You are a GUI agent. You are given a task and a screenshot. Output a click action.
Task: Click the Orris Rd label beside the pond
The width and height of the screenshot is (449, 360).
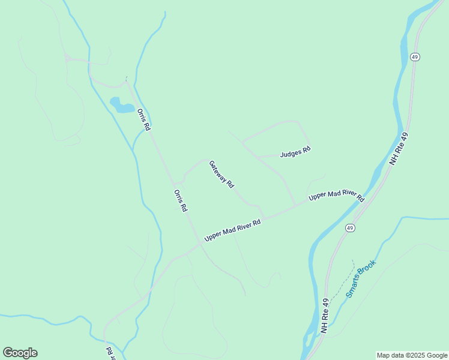point(143,120)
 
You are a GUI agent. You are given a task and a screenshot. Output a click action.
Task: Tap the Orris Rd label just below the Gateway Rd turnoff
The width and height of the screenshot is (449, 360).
point(181,200)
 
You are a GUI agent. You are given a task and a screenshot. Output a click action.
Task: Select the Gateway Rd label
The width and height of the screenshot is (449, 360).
point(221,175)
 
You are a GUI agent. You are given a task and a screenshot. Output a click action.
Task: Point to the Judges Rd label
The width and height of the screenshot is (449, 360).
point(295,152)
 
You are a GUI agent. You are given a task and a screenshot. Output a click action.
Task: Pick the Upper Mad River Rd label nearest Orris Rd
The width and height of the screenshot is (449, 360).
point(232,230)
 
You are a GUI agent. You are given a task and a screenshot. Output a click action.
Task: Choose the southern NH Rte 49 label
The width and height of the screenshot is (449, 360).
point(325,316)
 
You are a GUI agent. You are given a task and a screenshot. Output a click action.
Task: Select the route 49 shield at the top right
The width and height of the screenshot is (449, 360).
point(415,56)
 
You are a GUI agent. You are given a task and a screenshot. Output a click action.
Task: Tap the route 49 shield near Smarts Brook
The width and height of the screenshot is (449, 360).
point(350,228)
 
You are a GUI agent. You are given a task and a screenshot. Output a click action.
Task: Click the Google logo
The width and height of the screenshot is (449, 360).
point(20,353)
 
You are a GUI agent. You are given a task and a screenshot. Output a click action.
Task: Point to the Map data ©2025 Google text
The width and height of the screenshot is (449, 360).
point(412,355)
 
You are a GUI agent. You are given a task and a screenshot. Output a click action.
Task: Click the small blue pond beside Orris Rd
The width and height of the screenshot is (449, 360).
point(122,106)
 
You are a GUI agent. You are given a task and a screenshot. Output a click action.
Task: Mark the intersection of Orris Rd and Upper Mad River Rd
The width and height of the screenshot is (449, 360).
point(200,244)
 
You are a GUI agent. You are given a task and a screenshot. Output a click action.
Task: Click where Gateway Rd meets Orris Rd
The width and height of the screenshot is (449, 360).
point(175,182)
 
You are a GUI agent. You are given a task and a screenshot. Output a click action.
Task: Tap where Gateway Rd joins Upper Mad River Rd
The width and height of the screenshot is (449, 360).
point(265,218)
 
